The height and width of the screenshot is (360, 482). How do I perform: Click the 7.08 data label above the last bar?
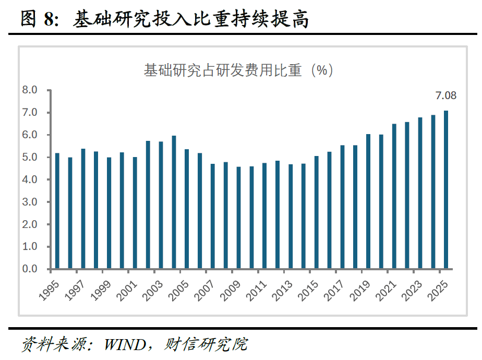[x=445, y=96]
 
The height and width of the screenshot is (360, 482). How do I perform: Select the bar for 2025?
[x=446, y=190]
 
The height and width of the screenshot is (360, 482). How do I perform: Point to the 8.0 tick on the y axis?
[x=30, y=90]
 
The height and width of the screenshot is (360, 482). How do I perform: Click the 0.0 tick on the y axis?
[x=30, y=269]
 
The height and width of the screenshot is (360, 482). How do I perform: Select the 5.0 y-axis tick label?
[x=30, y=158]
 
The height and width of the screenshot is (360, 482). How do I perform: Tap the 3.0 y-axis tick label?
[x=30, y=202]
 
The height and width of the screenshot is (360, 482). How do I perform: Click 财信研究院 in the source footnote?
[x=206, y=344]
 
